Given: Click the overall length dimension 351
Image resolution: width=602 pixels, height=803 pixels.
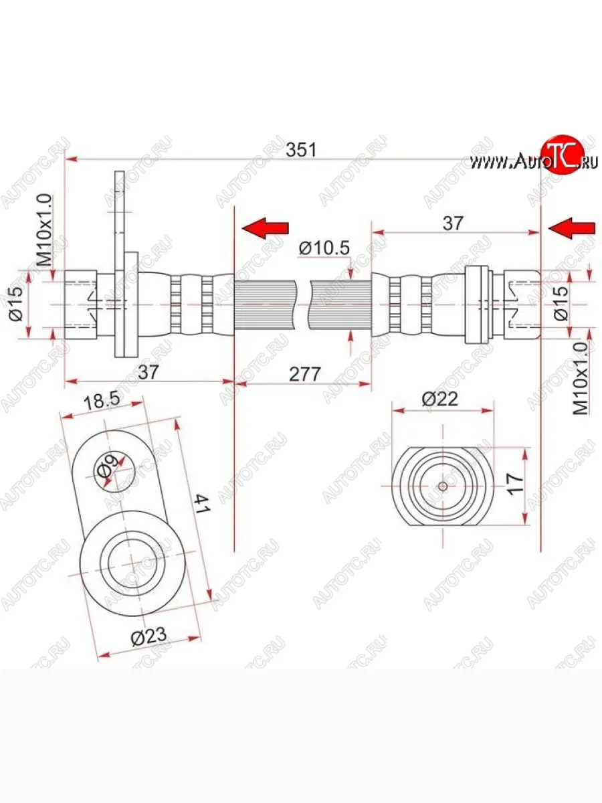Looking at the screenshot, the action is point(301,150).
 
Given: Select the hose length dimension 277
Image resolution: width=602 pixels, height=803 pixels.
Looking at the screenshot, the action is point(304,373).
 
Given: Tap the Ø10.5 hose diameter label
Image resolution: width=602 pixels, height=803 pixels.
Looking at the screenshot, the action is point(324,248).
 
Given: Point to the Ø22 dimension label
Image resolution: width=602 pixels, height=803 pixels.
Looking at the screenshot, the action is point(439,399).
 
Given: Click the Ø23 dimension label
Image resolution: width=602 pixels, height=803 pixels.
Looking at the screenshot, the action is point(148,637).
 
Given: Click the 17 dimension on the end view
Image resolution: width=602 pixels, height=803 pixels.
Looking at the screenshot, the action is point(515,484).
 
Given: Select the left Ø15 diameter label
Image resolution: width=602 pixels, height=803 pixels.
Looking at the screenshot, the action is point(17,303).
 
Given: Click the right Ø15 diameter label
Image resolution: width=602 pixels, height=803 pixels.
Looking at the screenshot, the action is point(561,303).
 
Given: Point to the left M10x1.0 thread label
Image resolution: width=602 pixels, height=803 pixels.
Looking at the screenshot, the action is point(45,230).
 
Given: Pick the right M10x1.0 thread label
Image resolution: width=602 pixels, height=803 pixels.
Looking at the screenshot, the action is point(581,378).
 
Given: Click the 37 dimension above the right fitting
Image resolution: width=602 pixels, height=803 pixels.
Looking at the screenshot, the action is point(453,223).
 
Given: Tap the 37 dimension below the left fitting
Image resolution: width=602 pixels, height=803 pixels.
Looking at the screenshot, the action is point(148,373).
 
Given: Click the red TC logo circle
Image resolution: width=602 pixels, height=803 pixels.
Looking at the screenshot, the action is point(563,154).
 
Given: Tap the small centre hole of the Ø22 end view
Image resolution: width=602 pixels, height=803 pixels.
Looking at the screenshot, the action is point(443,486).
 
